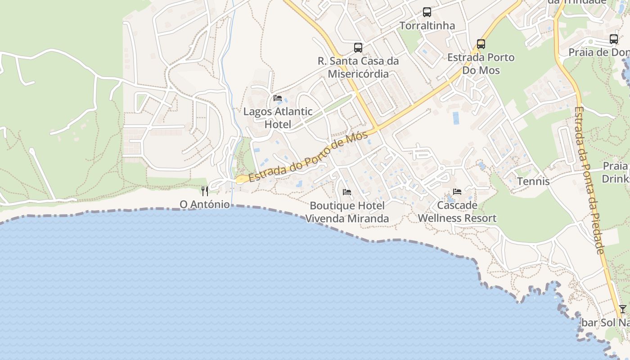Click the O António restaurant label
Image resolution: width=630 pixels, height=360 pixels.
(x=205, y=205)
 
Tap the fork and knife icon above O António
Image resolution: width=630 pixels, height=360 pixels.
(x=205, y=191)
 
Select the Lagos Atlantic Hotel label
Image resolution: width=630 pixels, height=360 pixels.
(x=278, y=118)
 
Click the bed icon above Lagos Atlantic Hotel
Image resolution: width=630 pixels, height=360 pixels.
(x=278, y=98)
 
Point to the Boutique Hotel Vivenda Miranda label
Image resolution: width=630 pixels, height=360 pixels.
(x=347, y=212)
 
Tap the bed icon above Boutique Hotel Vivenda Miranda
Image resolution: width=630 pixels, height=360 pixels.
(x=347, y=192)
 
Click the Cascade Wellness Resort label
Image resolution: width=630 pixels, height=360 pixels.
(x=457, y=211)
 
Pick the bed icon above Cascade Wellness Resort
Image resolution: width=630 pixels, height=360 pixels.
(x=457, y=192)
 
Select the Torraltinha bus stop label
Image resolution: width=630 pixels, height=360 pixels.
(x=427, y=26)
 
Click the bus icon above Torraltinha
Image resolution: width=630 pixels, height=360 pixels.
(x=427, y=12)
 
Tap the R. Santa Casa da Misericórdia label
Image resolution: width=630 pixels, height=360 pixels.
(x=358, y=67)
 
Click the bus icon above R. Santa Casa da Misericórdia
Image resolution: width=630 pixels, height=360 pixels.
(x=358, y=47)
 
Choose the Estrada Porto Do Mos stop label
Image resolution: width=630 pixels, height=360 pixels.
(x=481, y=64)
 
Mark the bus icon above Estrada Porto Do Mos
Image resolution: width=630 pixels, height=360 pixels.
(x=481, y=44)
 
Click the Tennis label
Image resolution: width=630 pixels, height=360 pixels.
(x=533, y=181)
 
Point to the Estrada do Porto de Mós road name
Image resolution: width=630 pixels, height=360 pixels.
(x=308, y=156)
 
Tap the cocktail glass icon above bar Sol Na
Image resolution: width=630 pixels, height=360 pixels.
(x=622, y=309)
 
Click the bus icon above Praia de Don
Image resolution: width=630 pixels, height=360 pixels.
(x=614, y=39)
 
